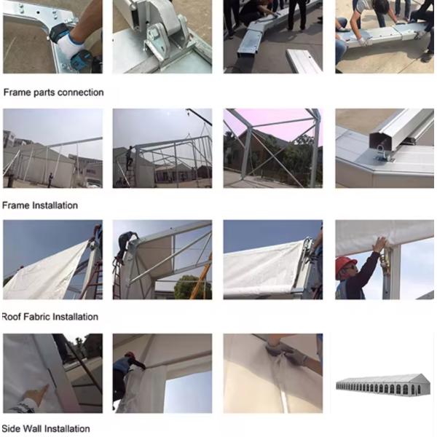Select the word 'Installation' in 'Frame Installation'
(x=55, y=205)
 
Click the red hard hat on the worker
(x=345, y=263)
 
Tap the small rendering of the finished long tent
(x=384, y=384)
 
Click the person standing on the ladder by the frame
(x=129, y=158)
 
